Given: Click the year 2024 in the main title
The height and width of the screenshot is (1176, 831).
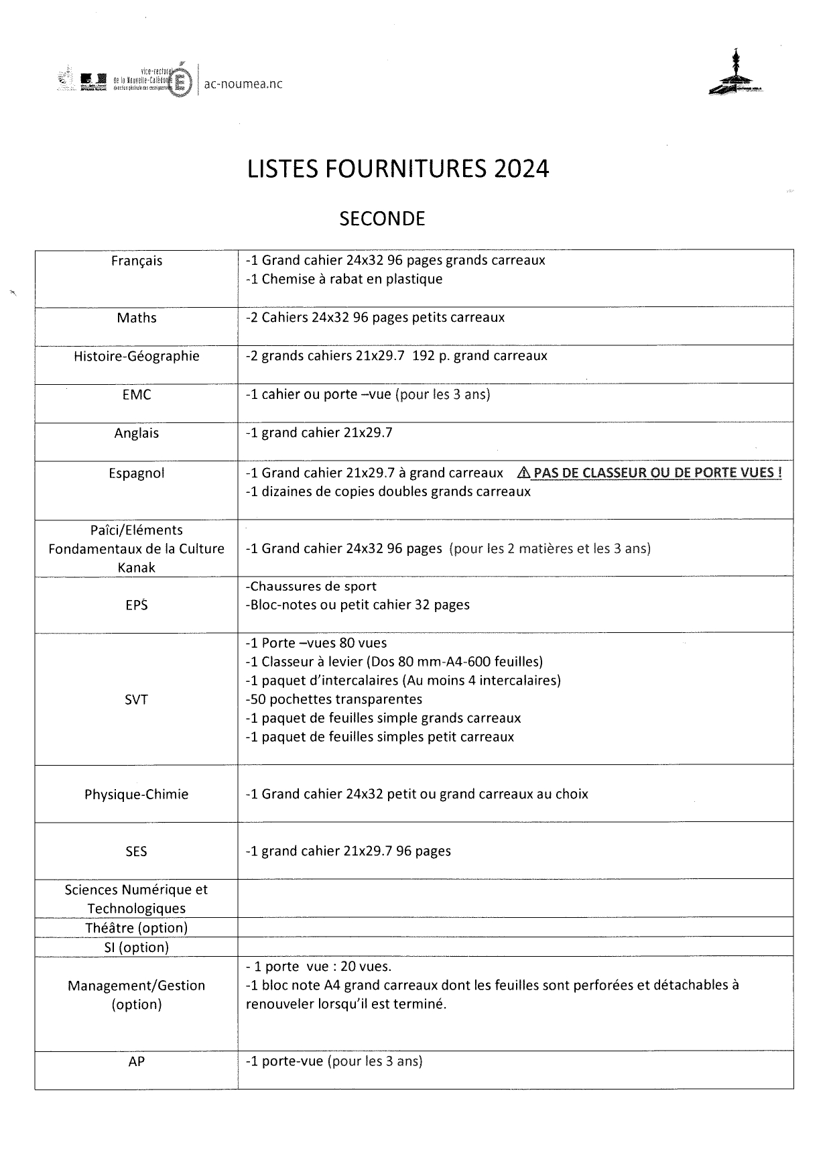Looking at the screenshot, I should coord(521,169).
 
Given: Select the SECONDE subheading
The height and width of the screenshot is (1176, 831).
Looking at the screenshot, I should coord(382,219).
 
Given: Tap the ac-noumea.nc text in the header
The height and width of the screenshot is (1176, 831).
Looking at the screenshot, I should coord(243,84).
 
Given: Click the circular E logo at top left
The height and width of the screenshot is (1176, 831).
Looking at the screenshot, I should coord(181,82).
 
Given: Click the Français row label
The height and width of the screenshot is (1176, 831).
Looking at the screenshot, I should coord(137,261).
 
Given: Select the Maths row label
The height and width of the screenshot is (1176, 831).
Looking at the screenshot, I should coord(137,318).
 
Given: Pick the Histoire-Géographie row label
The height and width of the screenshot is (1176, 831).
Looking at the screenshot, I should coord(137,356).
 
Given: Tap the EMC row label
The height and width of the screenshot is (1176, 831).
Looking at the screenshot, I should coord(137,395).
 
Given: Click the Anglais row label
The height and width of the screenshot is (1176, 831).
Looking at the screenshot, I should coord(137,433).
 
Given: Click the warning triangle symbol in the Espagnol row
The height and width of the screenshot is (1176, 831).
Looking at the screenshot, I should coord(524,473).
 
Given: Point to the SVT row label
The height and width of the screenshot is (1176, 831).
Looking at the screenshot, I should coord(137,700).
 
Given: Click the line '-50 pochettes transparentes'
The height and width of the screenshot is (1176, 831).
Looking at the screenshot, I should coord(334,699).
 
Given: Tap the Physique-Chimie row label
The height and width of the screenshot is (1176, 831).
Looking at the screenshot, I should coord(137,795).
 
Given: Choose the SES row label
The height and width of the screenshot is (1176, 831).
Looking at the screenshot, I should coord(137,851).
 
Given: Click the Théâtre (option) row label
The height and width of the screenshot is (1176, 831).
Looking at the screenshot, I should coord(137,928).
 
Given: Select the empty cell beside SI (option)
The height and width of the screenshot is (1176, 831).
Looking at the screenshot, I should coord(515,947).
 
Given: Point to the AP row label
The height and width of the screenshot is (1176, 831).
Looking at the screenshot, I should coord(137,1061).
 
